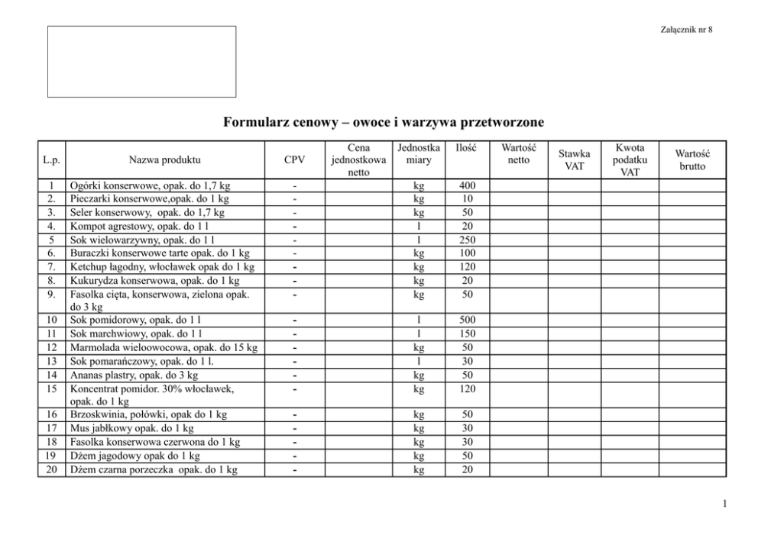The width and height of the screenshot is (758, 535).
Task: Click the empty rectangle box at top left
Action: coord(142,61)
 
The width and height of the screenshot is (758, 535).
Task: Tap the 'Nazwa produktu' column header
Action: coord(164,160)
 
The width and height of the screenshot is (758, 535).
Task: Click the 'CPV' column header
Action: coord(294,160)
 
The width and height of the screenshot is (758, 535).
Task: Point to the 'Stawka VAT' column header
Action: coord(574,160)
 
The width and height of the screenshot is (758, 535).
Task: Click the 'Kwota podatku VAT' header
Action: coord(630,160)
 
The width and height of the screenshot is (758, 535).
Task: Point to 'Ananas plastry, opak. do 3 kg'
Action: coord(134,375)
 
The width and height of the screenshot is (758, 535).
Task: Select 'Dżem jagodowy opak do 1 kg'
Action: coord(134,456)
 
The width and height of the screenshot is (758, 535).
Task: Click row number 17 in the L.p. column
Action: coord(51,428)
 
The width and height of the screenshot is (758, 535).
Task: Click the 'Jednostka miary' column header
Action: coord(418,153)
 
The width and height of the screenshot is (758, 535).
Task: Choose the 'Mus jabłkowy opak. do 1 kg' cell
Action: coord(131,428)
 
